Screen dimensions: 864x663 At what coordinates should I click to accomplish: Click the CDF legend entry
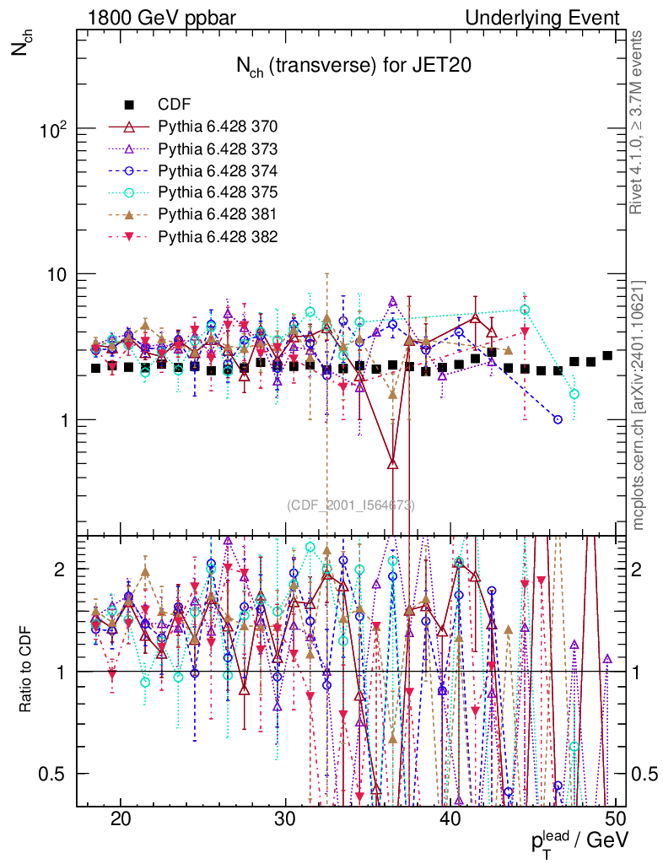(x=175, y=105)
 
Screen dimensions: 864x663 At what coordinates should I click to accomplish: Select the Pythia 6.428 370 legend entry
(x=218, y=127)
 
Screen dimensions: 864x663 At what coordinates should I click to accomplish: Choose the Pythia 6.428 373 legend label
(x=218, y=148)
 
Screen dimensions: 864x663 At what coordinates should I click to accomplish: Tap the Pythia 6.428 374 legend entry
(x=218, y=170)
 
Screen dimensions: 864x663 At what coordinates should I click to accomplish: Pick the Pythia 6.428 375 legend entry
(x=218, y=192)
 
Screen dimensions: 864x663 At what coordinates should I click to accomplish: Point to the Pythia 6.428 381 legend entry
(x=218, y=214)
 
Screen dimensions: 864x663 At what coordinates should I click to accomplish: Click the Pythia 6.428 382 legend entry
(x=218, y=236)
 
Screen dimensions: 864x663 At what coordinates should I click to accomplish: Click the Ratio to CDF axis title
(x=26, y=672)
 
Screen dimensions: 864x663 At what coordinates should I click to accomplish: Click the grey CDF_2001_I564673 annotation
(x=350, y=505)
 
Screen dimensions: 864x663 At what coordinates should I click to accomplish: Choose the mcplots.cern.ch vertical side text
(x=639, y=405)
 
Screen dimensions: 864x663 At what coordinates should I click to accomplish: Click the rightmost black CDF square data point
(x=607, y=355)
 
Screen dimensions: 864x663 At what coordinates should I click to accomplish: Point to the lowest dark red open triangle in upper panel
(x=392, y=462)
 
